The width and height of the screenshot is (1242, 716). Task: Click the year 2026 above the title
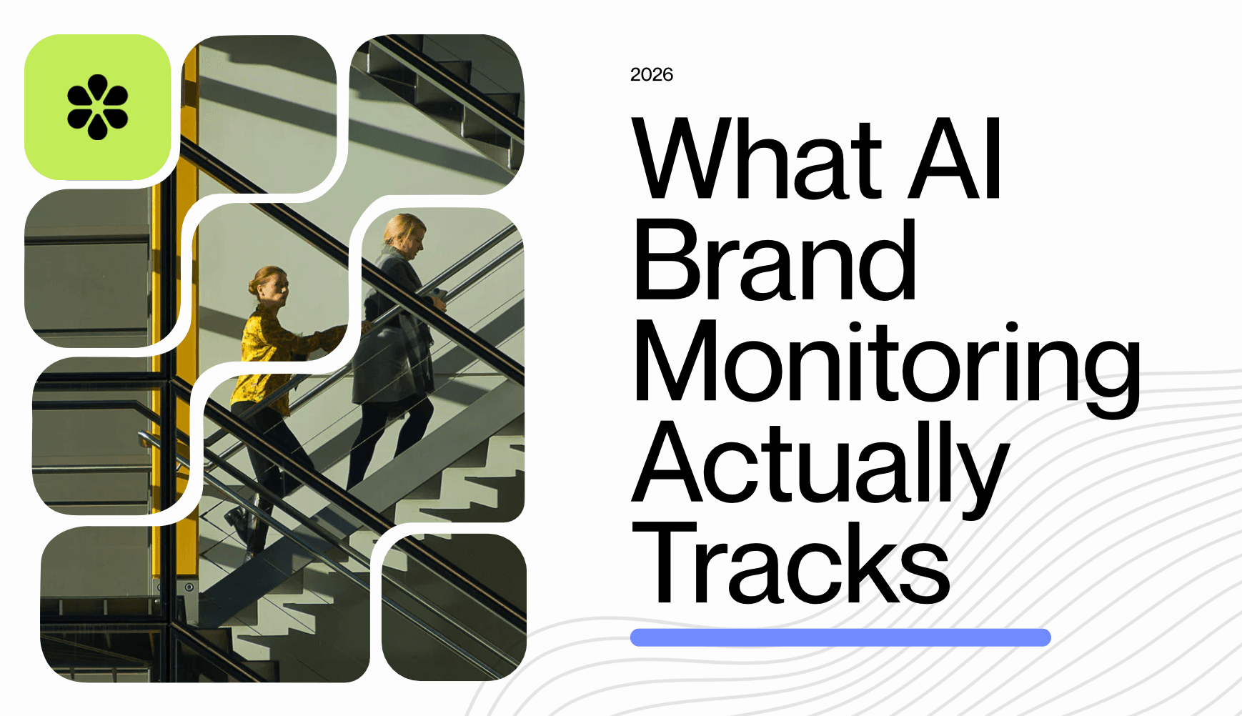pos(651,75)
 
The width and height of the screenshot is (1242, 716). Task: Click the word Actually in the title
pos(820,464)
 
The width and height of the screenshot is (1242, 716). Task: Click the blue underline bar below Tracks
pos(840,637)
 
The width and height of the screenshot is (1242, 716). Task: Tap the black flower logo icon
pos(98,107)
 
